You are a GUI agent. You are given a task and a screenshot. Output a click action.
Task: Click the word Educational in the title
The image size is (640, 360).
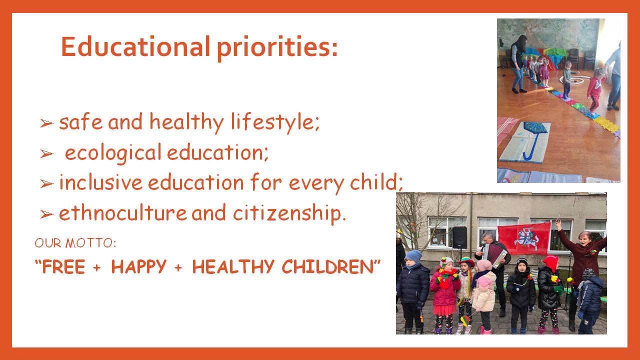pos(135,46)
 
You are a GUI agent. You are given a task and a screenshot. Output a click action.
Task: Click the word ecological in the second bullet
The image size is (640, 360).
pos(113,153)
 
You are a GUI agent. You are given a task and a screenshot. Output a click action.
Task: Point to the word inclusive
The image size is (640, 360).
pos(100,182)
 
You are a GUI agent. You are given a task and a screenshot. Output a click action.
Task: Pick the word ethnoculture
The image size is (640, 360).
pos(123,212)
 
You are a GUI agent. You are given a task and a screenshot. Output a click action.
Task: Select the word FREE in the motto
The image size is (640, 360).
pos(63,266)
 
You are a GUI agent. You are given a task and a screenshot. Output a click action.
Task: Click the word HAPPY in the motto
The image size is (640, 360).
pos(138,266)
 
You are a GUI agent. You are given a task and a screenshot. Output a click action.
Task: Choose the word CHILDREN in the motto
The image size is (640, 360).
pos(327,266)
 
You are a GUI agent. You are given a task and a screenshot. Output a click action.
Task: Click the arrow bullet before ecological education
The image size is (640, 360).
pos(47,153)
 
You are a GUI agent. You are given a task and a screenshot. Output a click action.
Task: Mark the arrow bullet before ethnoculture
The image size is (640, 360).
pos(47,213)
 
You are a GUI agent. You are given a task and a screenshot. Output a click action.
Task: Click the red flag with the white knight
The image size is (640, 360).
pos(524,239)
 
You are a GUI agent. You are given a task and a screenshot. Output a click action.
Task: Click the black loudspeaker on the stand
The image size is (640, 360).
pos(459,237)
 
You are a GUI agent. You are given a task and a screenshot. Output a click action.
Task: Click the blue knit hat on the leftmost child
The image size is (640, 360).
pos(413,256)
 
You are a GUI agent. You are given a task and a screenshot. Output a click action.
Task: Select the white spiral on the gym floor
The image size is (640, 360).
pos(572,80)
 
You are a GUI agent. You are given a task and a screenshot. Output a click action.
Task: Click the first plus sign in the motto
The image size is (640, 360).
pos(97,267)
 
